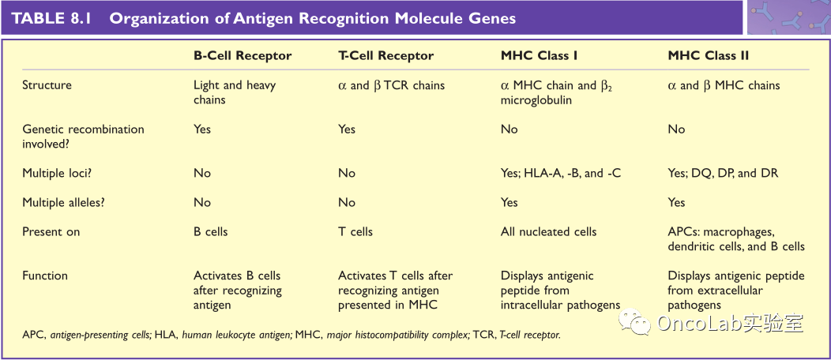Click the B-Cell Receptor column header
pos(243,56)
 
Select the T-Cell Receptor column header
pos(385,56)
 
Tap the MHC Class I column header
pos(539,56)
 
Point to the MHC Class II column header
pos(709,56)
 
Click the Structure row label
pos(47,85)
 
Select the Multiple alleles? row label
pos(64,202)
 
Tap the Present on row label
pos(51,232)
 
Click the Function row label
pos(45,276)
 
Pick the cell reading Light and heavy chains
pos(235,92)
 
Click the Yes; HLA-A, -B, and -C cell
pos(561,173)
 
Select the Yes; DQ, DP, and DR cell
pos(723,173)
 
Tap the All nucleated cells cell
pos(549,232)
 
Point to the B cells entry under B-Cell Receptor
pos(211,232)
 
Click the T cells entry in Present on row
pos(355,232)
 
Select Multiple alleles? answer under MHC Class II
pos(677,202)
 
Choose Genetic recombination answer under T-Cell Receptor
pos(347,129)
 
